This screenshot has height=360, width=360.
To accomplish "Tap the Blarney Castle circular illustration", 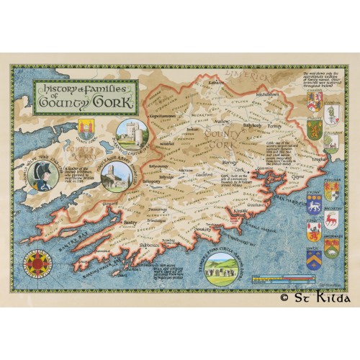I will point(132,135).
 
